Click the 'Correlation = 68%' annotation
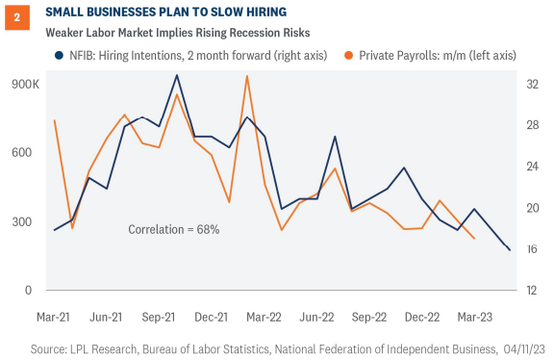click(174, 230)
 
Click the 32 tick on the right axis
click(529, 85)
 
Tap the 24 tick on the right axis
click(529, 167)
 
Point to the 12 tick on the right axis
click(529, 290)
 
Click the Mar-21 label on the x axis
click(55, 316)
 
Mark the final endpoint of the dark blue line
click(509, 250)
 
